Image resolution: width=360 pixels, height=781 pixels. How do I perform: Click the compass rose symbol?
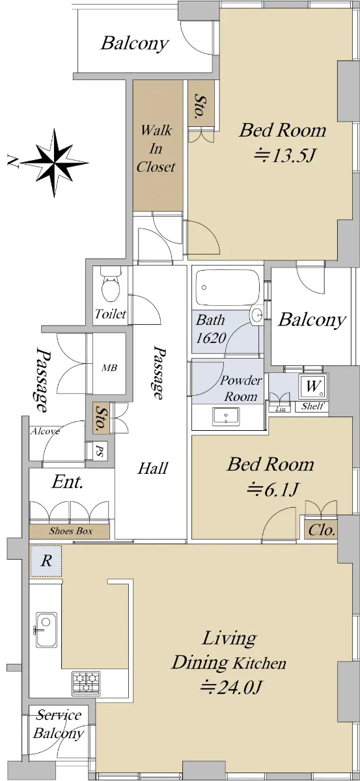[55, 163]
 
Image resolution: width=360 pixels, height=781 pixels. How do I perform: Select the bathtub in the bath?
[228, 288]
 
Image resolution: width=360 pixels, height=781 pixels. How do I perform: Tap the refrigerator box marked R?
[46, 560]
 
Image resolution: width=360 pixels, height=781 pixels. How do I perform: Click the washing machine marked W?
[313, 387]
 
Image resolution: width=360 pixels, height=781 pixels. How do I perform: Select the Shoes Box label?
[71, 531]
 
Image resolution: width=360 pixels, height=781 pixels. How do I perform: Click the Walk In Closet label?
[156, 149]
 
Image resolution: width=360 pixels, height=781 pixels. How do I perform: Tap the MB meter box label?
[109, 368]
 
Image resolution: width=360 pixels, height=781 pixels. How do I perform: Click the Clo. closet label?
[322, 530]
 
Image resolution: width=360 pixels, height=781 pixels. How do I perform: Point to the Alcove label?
[45, 432]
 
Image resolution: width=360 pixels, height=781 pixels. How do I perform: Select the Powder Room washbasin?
[226, 416]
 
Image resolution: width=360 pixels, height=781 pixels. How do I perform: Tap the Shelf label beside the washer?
[312, 406]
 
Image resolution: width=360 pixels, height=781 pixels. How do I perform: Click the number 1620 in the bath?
[211, 338]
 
